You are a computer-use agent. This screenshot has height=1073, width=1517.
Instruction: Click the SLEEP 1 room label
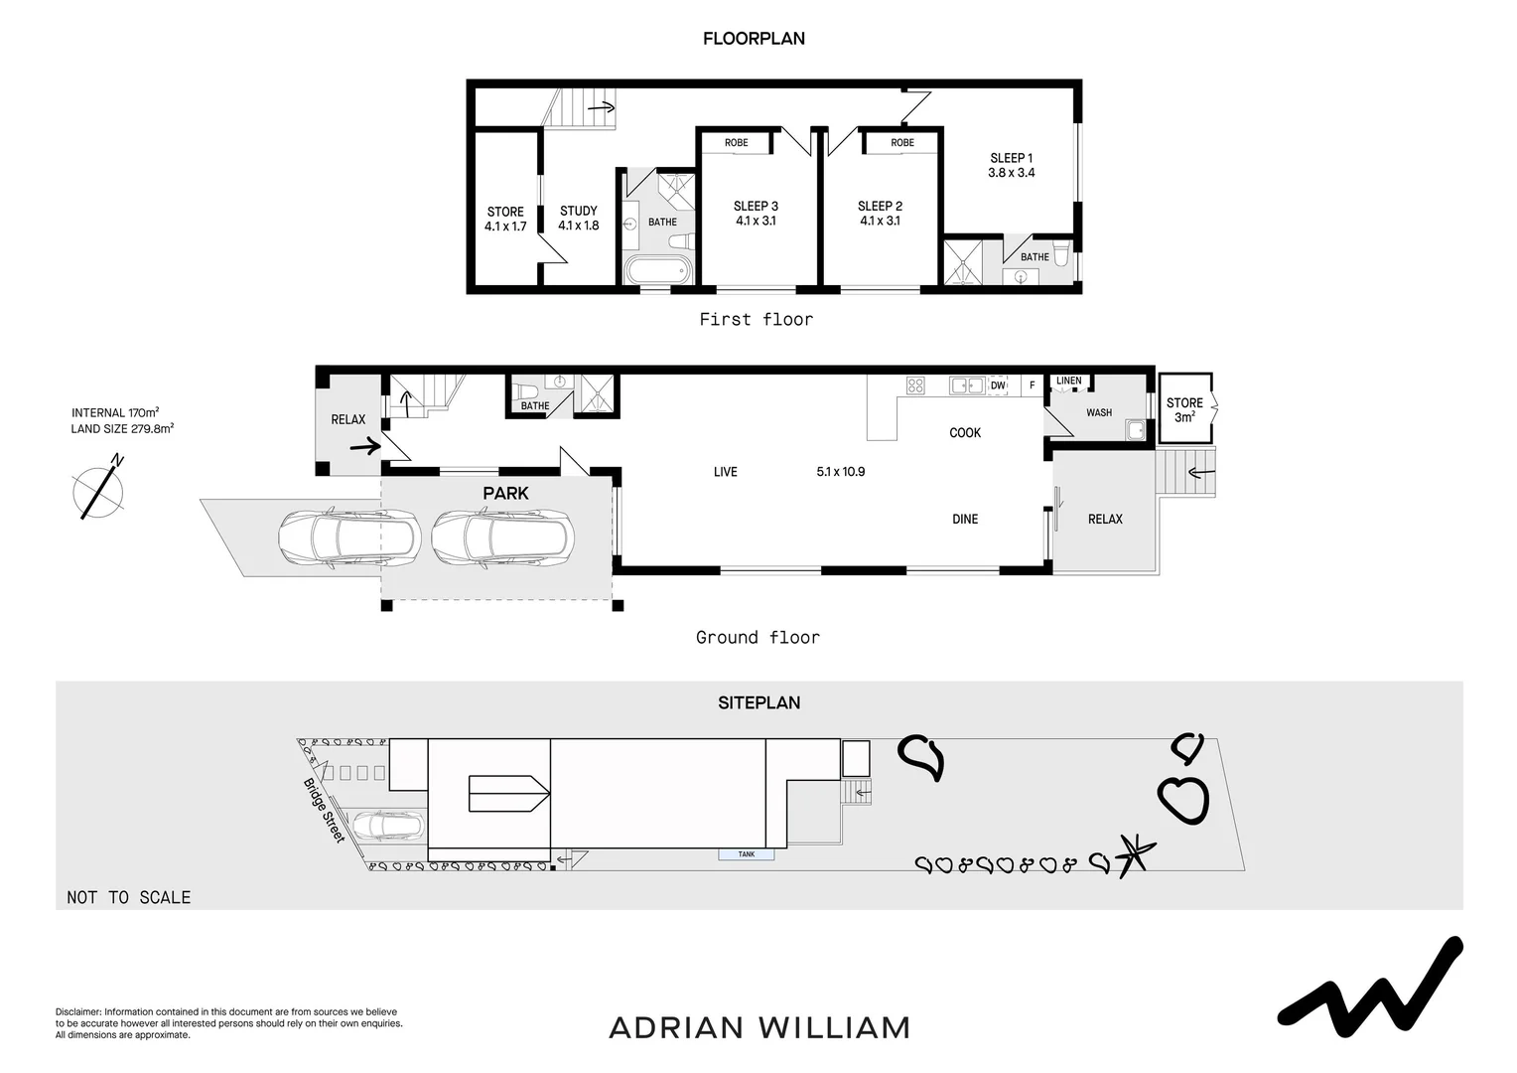1011,158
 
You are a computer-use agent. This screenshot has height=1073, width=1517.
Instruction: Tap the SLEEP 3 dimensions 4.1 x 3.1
756,222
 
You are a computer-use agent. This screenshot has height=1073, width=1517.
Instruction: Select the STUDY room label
578,211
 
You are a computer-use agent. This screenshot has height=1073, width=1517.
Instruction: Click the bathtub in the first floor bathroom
656,269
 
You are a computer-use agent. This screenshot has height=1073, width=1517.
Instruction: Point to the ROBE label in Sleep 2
901,143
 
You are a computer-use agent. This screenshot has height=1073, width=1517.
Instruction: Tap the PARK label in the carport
505,493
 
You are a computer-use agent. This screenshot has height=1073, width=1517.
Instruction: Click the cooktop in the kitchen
915,385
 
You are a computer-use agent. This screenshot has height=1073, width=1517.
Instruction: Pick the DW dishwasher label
998,385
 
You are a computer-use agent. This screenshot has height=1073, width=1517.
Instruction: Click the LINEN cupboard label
1068,381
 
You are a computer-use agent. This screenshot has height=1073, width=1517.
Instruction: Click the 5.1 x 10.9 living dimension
840,472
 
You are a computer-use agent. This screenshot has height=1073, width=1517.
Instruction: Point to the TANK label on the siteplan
747,854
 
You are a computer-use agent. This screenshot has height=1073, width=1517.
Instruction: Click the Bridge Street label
324,810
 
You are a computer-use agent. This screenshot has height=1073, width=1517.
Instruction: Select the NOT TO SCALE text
128,897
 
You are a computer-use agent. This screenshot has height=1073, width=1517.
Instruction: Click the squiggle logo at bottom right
1369,984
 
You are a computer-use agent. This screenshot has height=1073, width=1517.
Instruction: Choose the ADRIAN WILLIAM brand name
759,1027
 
